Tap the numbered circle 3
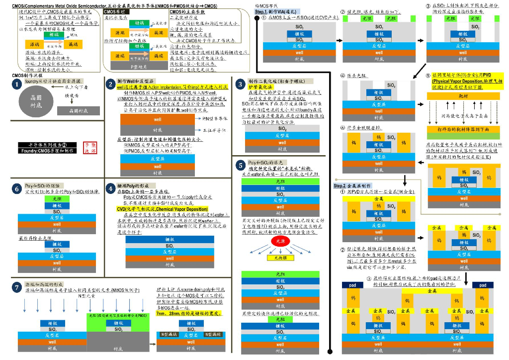pos(241,84)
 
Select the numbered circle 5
pos(241,165)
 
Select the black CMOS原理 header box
pos(114,11)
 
